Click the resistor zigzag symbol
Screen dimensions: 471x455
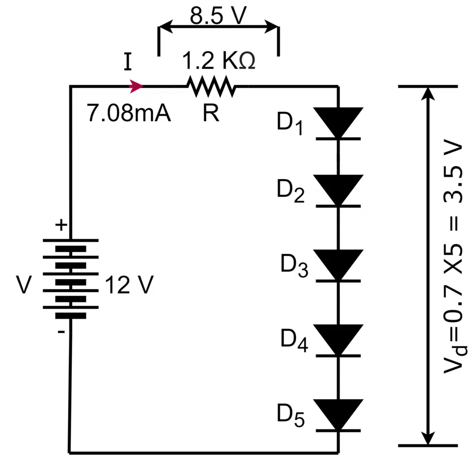(x=211, y=87)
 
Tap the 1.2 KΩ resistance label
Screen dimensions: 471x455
(x=218, y=61)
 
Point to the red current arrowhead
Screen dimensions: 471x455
(x=137, y=86)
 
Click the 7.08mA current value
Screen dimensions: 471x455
(x=129, y=114)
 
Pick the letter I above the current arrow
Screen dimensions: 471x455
(x=128, y=62)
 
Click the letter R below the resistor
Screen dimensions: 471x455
(x=211, y=114)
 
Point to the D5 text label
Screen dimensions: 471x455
(x=291, y=415)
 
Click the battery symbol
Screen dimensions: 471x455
(x=70, y=278)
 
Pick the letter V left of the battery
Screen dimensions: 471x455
(x=23, y=285)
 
